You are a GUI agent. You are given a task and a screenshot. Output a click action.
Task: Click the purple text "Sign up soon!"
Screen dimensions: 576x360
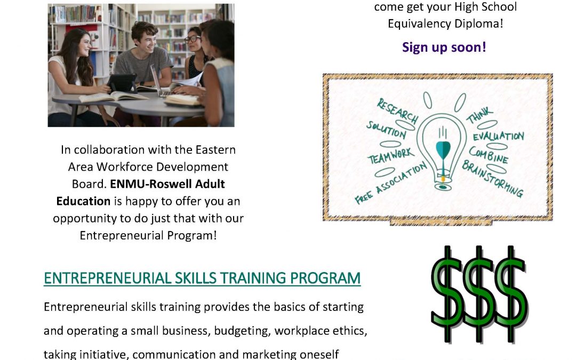[x=444, y=47]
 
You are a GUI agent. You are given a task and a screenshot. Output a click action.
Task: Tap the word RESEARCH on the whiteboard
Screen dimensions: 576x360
[x=397, y=110]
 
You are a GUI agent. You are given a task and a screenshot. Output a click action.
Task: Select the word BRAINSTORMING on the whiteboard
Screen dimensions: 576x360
[x=492, y=179]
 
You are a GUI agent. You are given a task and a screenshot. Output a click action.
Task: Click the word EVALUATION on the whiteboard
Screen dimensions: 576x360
[x=499, y=137]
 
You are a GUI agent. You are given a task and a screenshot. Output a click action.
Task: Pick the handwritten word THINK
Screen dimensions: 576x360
[x=479, y=115]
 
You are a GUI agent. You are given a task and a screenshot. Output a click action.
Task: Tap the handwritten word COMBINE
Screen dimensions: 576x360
[x=489, y=155]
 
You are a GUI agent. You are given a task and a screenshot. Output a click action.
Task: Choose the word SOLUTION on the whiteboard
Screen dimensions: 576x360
[x=386, y=130]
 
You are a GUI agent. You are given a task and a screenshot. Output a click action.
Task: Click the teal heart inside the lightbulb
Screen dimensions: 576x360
[x=443, y=149]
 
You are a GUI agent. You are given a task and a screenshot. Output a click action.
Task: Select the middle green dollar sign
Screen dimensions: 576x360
[x=479, y=294]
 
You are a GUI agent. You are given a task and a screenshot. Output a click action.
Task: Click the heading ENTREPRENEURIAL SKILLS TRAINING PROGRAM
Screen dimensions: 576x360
[x=202, y=278]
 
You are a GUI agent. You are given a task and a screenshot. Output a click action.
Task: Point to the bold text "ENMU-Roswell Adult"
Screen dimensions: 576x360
[x=167, y=183]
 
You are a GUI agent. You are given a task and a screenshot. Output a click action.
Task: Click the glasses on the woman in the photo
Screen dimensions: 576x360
[x=192, y=38]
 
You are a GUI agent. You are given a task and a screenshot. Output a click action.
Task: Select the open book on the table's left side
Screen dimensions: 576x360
[x=114, y=97]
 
